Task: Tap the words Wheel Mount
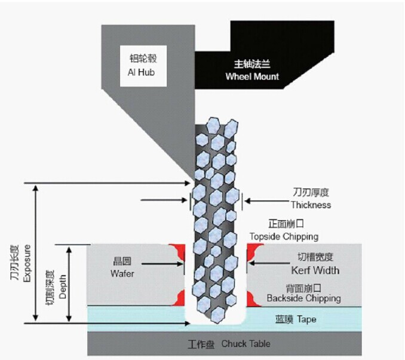click(x=252, y=77)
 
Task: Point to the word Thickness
click(x=311, y=205)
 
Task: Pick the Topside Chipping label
click(x=284, y=236)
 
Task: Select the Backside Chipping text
click(x=304, y=298)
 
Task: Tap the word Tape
click(x=306, y=319)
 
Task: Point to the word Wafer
click(x=123, y=273)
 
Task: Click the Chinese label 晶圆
click(x=122, y=262)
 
